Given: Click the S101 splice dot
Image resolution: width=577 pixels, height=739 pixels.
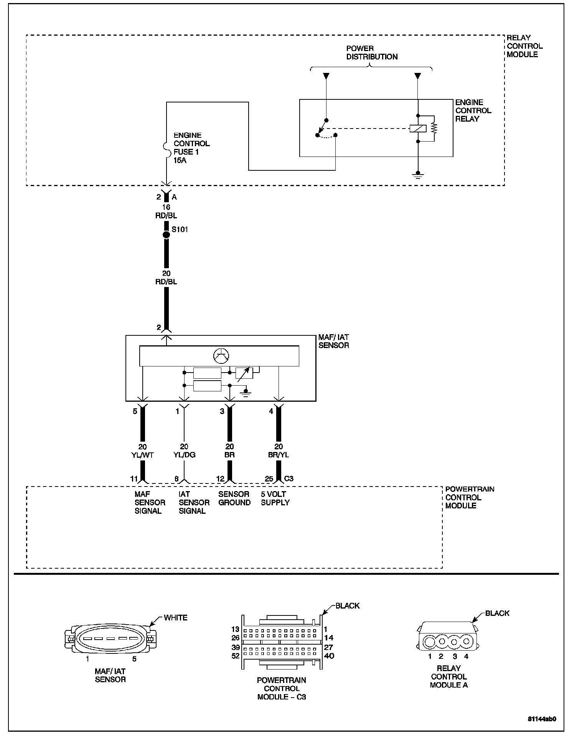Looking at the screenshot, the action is [x=166, y=234].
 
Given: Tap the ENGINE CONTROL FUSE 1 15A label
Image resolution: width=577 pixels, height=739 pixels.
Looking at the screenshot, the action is [x=191, y=148].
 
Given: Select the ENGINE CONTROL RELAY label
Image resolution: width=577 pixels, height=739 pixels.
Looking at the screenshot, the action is [x=473, y=111].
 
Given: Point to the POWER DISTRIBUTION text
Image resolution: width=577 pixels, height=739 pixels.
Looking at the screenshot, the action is [x=372, y=53].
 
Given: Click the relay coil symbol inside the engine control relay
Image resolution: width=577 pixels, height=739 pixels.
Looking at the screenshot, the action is [x=418, y=129].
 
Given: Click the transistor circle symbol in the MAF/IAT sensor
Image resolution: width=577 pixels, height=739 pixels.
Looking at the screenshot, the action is [x=221, y=356].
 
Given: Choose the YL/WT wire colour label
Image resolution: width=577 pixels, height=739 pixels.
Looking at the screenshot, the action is [x=142, y=455].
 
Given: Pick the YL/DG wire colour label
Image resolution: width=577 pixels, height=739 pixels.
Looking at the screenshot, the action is [x=184, y=455].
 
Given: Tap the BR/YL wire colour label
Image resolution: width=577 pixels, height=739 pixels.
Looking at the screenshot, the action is [x=279, y=455].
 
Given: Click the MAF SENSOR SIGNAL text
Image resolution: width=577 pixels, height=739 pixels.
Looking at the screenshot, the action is [x=150, y=503].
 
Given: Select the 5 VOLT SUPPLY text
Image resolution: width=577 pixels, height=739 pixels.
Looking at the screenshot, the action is [x=275, y=498].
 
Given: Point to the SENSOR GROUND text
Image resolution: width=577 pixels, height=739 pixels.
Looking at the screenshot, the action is [x=234, y=498].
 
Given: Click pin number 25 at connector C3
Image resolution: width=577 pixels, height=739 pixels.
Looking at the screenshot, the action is [x=269, y=479].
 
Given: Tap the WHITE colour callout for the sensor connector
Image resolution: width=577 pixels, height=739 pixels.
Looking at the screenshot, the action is [x=175, y=618].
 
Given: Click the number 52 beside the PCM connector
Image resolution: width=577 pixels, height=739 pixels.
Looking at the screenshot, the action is [x=235, y=656].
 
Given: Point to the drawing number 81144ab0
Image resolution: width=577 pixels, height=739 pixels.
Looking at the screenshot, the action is [x=542, y=719].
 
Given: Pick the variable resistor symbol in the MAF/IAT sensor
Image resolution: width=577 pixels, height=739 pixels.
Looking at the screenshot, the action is [x=244, y=374].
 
